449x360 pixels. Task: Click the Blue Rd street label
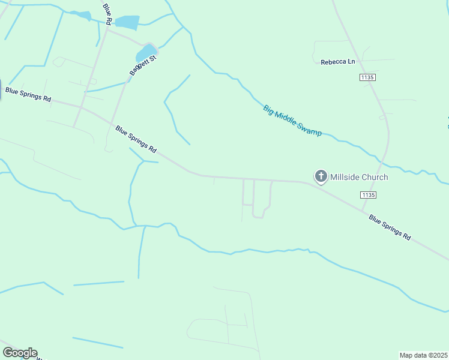[x=108, y=14]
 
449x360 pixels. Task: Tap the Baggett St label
[x=143, y=65]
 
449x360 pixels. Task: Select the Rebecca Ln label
[x=338, y=62]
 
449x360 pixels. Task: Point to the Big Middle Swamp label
[x=292, y=121]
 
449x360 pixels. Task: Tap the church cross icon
[x=321, y=176]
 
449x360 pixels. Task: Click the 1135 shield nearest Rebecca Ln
[x=367, y=77]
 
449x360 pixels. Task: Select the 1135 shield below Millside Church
[x=368, y=195]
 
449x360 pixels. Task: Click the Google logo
[x=20, y=353]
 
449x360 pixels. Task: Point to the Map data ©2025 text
[x=423, y=355]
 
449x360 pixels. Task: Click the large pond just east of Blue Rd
[x=127, y=22]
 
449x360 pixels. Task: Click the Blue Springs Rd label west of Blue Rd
[x=28, y=94]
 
